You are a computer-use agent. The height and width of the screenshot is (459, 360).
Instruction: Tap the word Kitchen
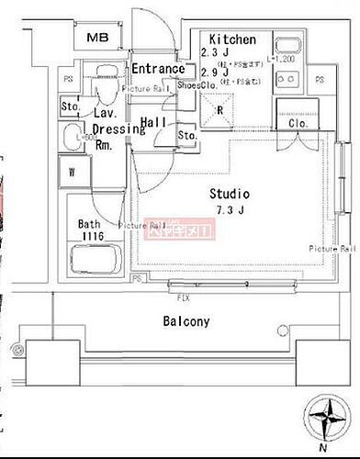232,39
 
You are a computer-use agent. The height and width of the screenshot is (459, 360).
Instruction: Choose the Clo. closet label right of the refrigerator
298,123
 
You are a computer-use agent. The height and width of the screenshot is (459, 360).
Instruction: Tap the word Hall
153,121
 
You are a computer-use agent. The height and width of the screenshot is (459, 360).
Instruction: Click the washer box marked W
72,171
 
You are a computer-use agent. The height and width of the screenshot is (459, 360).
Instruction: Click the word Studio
229,194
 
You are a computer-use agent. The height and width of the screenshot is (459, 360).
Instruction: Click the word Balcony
187,321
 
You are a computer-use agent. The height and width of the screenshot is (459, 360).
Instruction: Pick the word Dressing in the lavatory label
118,129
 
